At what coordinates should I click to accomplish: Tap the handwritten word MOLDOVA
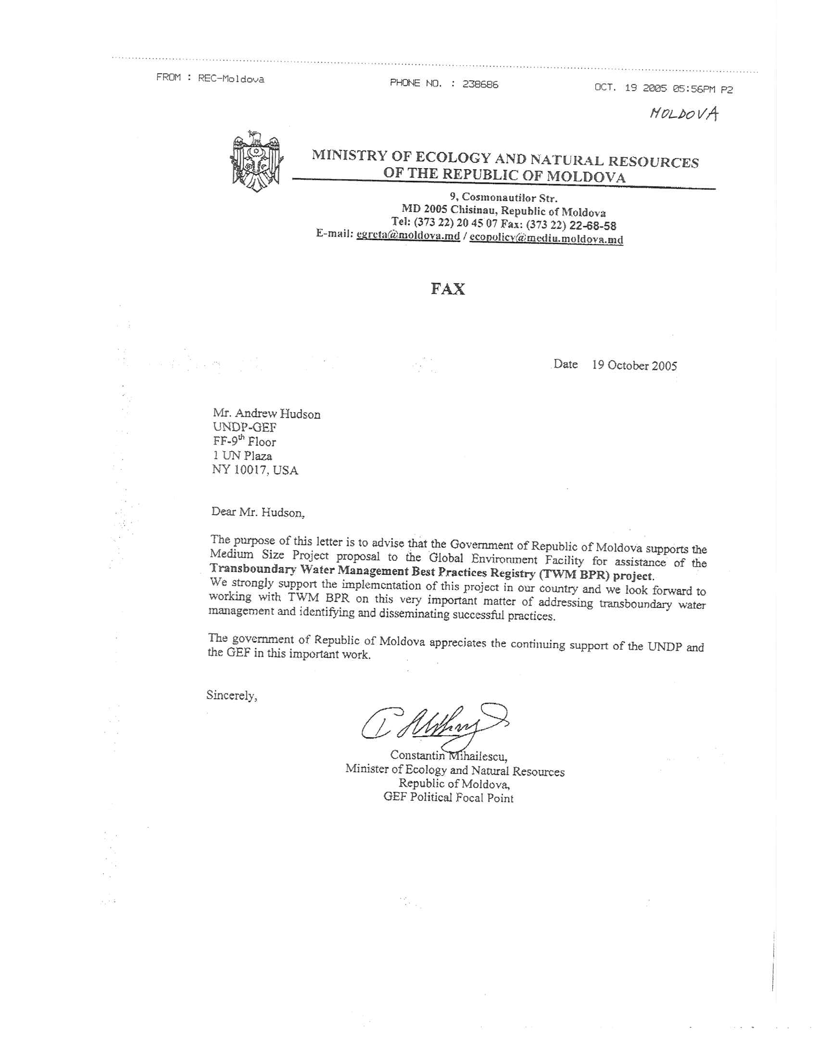pyautogui.click(x=683, y=113)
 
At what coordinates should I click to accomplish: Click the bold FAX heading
pyautogui.click(x=448, y=289)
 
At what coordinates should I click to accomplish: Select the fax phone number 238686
pyautogui.click(x=480, y=84)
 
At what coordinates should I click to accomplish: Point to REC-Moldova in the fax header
pyautogui.click(x=231, y=78)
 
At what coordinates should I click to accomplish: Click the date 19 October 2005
pyautogui.click(x=634, y=365)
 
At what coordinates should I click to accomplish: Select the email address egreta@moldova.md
pyautogui.click(x=408, y=235)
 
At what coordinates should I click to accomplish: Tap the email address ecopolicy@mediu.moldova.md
pyautogui.click(x=546, y=238)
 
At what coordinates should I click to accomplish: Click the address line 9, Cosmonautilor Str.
pyautogui.click(x=504, y=198)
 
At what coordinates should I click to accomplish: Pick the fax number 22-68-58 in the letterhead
pyautogui.click(x=592, y=225)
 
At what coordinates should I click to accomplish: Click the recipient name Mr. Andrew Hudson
pyautogui.click(x=266, y=414)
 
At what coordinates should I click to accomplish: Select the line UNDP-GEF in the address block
pyautogui.click(x=245, y=428)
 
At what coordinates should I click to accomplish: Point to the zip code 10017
pyautogui.click(x=250, y=470)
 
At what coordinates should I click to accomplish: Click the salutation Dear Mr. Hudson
pyautogui.click(x=258, y=512)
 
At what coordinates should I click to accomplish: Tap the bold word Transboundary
pyautogui.click(x=253, y=569)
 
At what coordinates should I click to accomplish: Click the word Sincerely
pyautogui.click(x=231, y=695)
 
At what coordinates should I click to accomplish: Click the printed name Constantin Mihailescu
pyautogui.click(x=449, y=756)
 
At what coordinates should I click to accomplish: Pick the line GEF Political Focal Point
pyautogui.click(x=448, y=798)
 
